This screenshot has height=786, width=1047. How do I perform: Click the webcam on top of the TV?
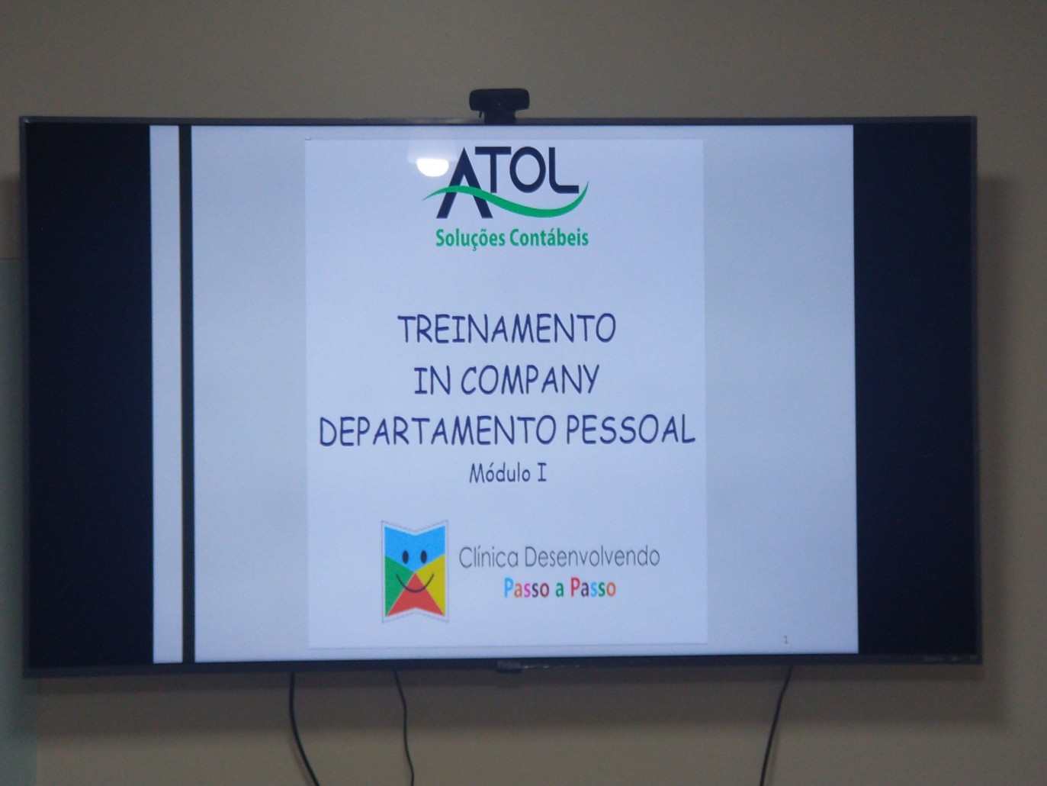(499, 106)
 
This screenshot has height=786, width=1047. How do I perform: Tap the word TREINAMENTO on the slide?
(506, 329)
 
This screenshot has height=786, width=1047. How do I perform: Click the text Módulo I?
(508, 474)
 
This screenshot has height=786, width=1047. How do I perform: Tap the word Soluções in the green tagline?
(470, 238)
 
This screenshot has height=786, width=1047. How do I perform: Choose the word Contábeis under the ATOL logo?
(548, 237)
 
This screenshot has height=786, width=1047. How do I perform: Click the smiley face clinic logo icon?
(415, 572)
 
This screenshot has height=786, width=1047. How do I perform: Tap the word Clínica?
(489, 558)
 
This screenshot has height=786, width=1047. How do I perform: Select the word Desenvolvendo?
(592, 557)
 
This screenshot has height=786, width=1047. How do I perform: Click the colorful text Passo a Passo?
(560, 588)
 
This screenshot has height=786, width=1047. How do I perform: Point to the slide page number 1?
(786, 640)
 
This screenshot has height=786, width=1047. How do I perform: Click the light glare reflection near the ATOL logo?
(432, 166)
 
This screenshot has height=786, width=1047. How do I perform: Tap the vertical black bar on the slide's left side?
(187, 395)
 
